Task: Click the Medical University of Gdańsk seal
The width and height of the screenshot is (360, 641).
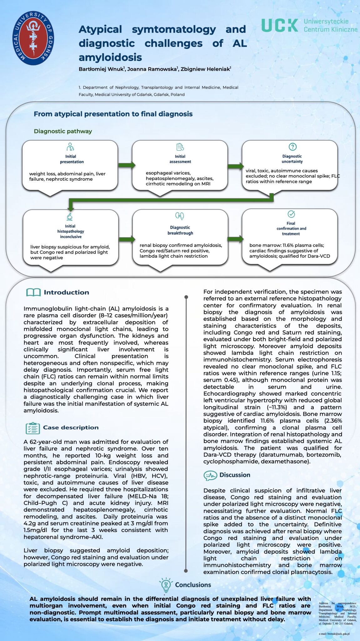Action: tap(33, 38)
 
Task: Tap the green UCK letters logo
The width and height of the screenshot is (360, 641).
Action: tap(280, 25)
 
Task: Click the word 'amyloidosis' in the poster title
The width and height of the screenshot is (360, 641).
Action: tap(110, 57)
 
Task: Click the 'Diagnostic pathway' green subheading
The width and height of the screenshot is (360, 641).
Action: tap(63, 131)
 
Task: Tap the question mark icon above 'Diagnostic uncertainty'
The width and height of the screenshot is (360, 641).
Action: tap(292, 146)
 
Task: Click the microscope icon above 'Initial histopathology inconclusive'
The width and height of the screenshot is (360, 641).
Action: tap(70, 217)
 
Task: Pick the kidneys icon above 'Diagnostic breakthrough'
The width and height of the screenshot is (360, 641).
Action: tap(180, 216)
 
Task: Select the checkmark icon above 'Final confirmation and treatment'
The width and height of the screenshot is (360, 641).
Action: tap(291, 214)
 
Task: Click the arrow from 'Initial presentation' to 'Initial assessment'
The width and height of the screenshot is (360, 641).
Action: tap(126, 165)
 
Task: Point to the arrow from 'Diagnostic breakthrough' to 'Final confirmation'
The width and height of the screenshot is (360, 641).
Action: tap(235, 239)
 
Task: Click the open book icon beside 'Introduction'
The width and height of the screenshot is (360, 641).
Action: tap(33, 292)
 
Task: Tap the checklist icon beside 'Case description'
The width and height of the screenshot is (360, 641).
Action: tap(33, 428)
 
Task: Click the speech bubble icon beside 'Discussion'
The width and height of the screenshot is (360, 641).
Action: tap(210, 475)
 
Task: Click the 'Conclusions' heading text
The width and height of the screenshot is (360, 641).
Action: tap(193, 585)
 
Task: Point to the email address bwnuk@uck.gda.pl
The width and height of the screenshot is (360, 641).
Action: tap(334, 634)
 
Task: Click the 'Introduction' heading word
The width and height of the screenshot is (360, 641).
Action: tap(66, 292)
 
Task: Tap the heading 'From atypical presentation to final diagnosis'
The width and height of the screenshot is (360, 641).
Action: tap(113, 114)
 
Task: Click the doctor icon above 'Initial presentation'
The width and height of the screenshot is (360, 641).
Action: tap(70, 146)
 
